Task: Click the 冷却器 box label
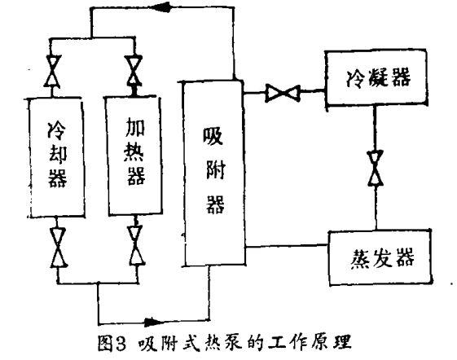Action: coord(57,155)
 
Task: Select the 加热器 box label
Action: coord(135,151)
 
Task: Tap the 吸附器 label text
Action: coord(214,170)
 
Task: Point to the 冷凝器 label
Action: coord(378,77)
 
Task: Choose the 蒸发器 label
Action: coord(382,258)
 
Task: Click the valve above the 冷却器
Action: coord(53,71)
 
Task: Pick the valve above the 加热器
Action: coord(134,71)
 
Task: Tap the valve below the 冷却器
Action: coord(59,248)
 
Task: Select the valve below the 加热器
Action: coord(136,245)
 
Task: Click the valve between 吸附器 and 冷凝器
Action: coord(283,93)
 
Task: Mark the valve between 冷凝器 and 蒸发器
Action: coord(376,168)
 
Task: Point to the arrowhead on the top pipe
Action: coord(163,7)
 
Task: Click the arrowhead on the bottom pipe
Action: coord(154,322)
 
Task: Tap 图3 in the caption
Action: coord(112,343)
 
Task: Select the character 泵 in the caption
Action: coord(231,343)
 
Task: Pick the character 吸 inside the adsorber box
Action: coord(213,136)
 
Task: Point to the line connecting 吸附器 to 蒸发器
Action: coord(287,246)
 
